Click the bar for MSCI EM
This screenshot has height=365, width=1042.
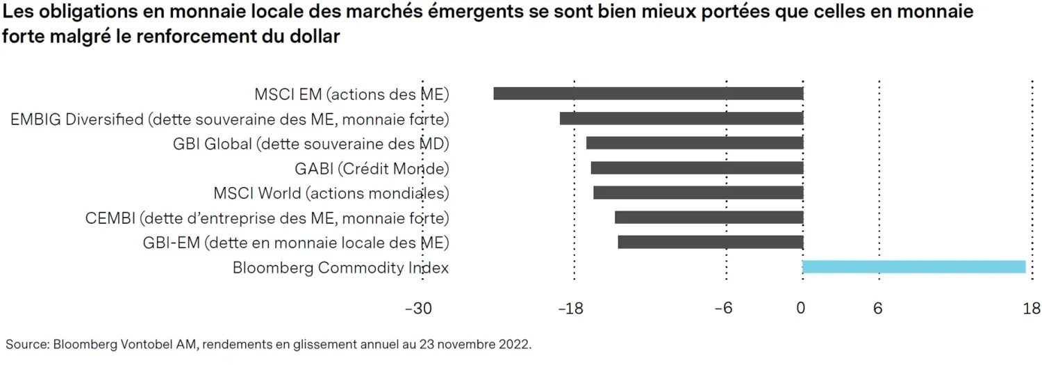point(648,93)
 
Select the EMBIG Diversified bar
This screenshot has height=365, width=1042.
point(681,118)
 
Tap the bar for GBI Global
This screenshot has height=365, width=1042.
point(695,143)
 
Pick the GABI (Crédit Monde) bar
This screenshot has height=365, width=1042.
point(697,168)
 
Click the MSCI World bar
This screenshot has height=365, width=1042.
point(698,193)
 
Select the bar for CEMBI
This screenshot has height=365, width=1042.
point(709,218)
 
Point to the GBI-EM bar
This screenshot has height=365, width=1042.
point(711,242)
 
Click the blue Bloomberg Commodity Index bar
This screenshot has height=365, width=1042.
point(914,267)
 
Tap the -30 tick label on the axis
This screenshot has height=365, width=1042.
point(418,309)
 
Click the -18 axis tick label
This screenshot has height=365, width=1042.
point(571,309)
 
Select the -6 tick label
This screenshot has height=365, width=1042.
point(724,309)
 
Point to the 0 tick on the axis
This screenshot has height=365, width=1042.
point(801,309)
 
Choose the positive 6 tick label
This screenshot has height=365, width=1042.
point(878,309)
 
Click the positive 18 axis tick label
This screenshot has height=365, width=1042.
point(1032,309)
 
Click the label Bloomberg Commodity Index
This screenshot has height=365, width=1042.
point(340,268)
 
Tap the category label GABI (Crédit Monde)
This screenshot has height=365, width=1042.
point(372,168)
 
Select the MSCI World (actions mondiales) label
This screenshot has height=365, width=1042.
point(331,193)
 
